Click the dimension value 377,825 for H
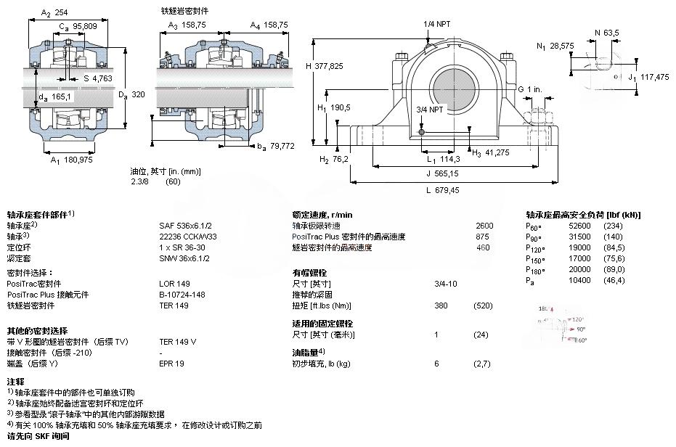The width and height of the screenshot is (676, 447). coord(336,66)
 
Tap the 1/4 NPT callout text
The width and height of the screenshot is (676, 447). coord(437,24)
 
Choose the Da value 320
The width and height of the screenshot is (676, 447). coord(139,94)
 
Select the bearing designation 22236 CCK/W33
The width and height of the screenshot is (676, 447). coord(187,237)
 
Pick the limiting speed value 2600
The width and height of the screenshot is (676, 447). coord(484,226)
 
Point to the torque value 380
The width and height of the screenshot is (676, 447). coord(440,305)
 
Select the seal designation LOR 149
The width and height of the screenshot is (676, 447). coord(174,284)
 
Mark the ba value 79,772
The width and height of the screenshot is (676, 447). coord(282,146)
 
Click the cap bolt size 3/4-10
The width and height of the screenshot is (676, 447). coord(445,284)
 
